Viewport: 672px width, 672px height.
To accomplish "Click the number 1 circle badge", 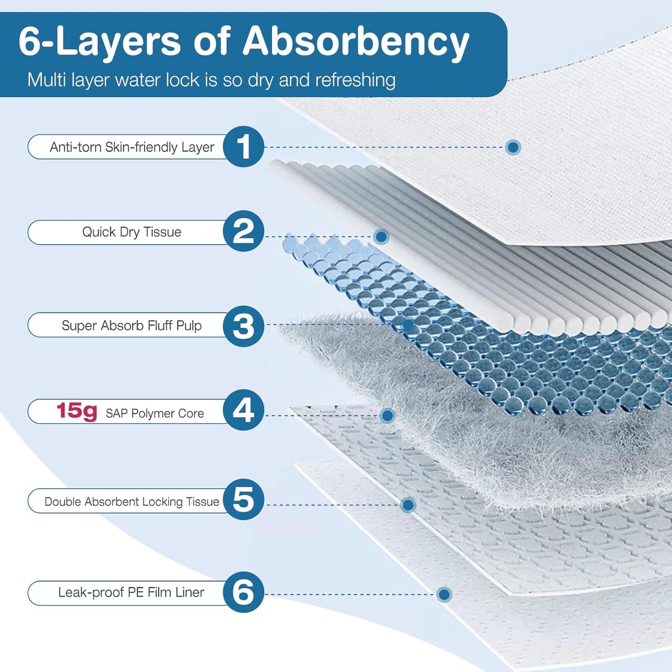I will [243, 146].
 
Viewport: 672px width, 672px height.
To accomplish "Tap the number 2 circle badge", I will [243, 231].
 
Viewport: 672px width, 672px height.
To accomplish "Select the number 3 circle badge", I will [243, 326].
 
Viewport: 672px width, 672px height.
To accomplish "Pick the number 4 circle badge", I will [243, 410].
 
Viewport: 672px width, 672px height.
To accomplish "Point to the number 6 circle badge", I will [243, 592].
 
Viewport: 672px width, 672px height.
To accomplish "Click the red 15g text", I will [77, 411].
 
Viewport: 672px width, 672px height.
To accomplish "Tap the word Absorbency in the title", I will [356, 42].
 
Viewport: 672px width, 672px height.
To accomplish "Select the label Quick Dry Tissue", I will [132, 232].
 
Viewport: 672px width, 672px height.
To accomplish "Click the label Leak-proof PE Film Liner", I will [131, 592].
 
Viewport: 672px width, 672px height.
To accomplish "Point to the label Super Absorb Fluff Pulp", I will [132, 326].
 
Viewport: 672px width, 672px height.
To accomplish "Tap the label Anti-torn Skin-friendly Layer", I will [132, 147].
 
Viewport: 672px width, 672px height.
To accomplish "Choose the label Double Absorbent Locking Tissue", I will [132, 501].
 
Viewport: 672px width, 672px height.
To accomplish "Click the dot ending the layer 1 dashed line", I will [513, 147].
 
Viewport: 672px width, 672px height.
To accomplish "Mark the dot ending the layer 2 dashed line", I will [381, 237].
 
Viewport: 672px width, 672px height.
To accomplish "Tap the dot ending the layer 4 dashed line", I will [387, 415].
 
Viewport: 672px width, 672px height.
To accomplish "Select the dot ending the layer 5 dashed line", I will [408, 505].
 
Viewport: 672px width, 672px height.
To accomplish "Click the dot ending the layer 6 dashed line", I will [444, 594].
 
